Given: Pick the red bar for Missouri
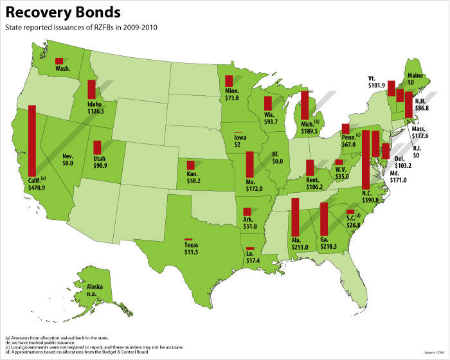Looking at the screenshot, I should [249, 165].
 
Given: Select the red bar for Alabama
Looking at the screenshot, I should [295, 217].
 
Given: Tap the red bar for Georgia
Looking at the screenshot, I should [324, 219].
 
